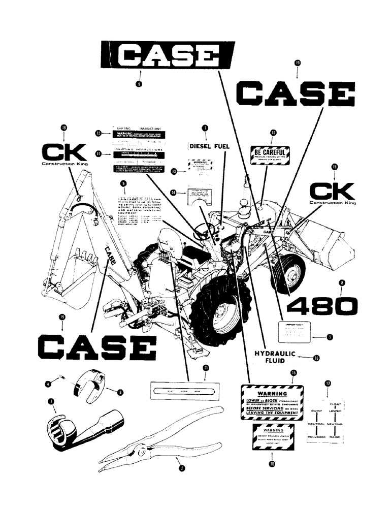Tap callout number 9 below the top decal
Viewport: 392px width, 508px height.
coord(139,84)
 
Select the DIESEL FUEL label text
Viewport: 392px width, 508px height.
coord(209,146)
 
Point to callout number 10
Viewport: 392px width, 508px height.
coord(273,133)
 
